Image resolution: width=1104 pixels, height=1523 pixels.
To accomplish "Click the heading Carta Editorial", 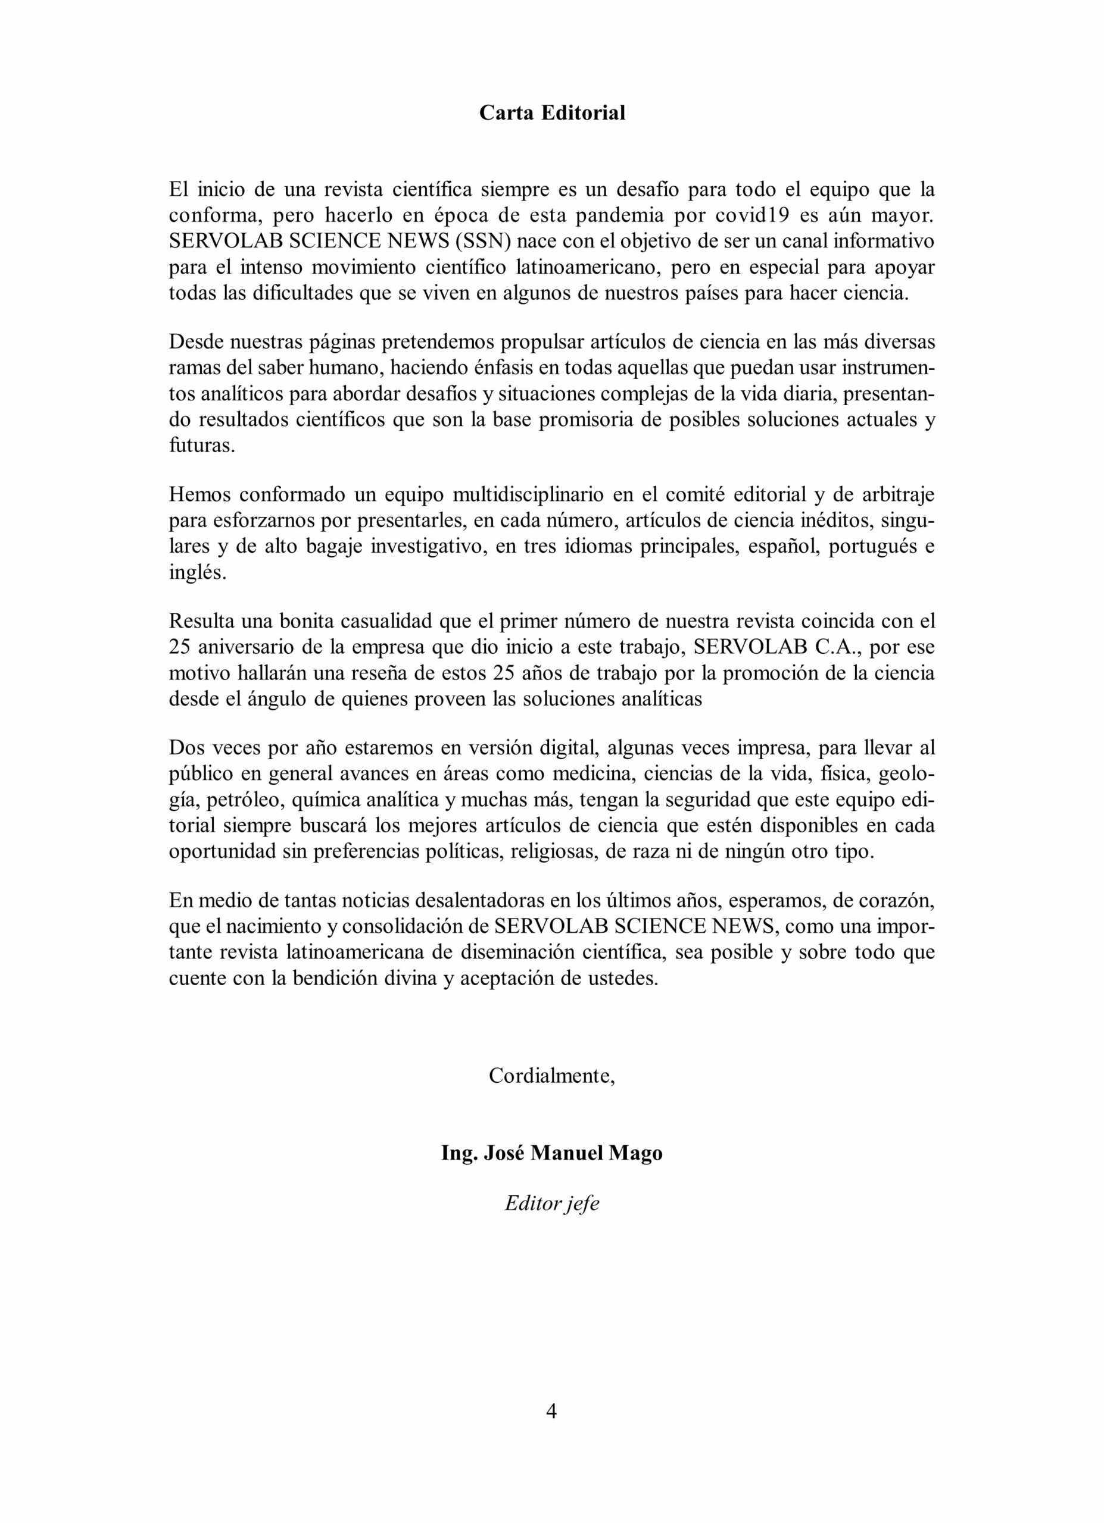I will pos(551,113).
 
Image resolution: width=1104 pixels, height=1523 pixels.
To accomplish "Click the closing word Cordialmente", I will pos(551,1076).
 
